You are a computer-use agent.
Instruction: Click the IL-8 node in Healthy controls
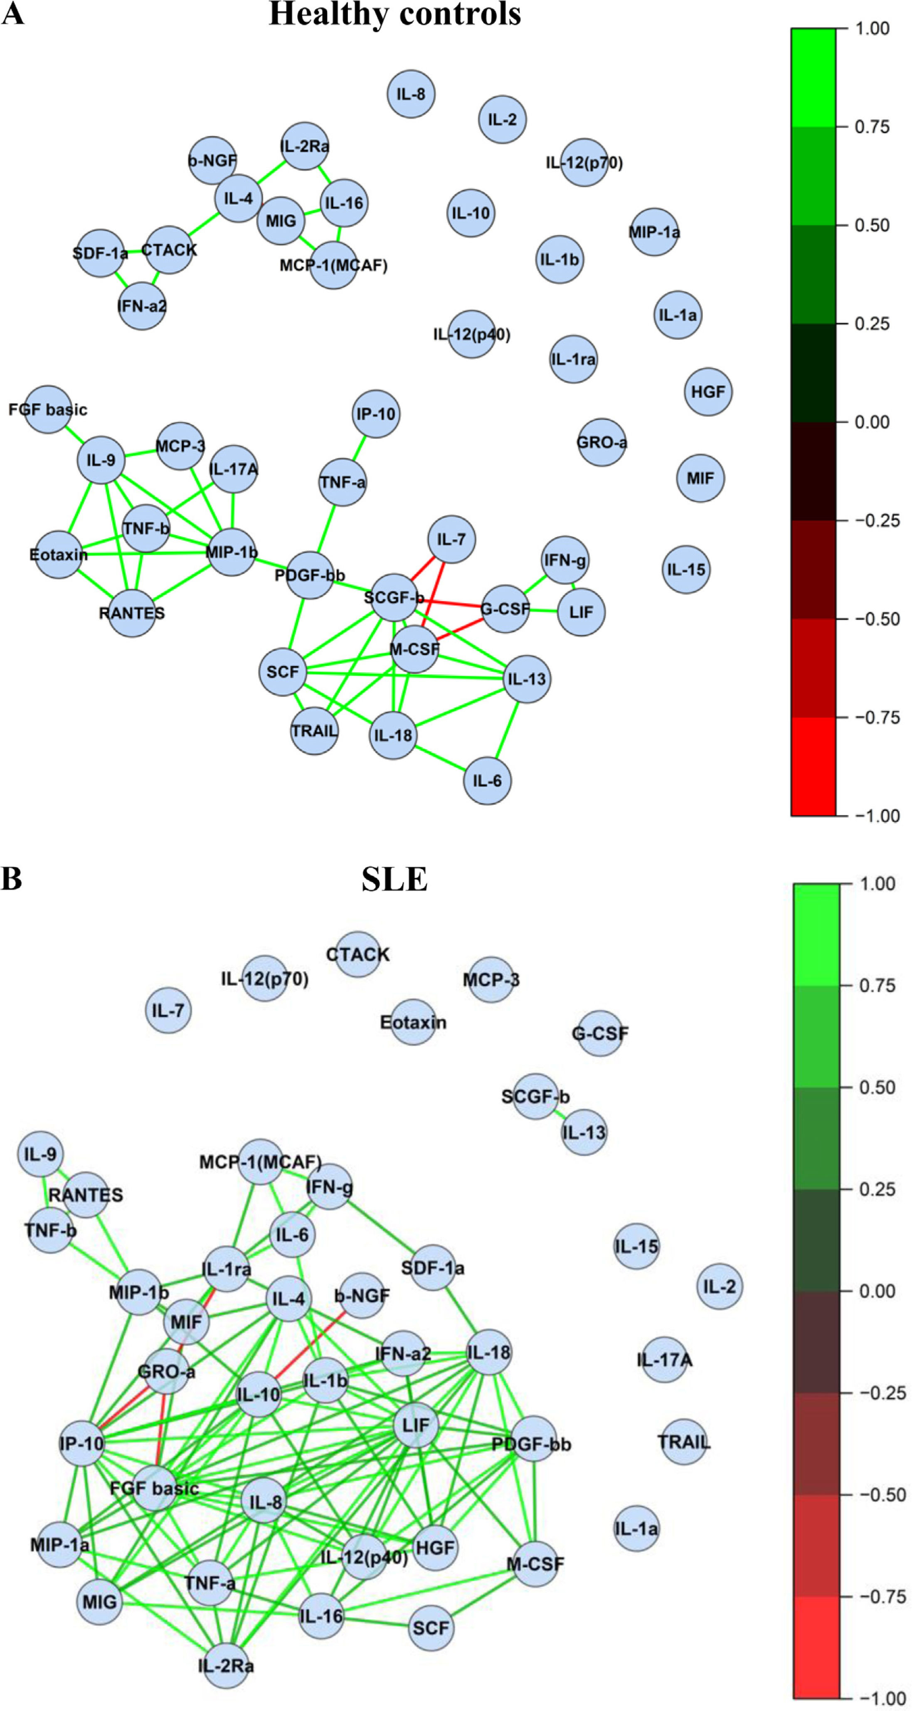tap(411, 94)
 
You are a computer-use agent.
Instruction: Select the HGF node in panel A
tap(708, 392)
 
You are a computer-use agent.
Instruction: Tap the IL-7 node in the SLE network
tap(168, 1010)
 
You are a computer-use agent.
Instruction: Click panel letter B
tap(12, 878)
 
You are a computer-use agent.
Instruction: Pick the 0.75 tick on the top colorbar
tap(872, 126)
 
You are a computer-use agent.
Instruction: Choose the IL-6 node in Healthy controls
tap(487, 780)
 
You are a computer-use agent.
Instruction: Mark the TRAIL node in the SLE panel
tap(683, 1442)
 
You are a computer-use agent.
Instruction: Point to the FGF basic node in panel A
tap(48, 409)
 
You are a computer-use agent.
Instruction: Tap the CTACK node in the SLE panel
tap(357, 954)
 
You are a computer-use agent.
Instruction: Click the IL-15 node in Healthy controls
tap(686, 569)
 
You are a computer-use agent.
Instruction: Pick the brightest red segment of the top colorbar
tap(813, 766)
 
